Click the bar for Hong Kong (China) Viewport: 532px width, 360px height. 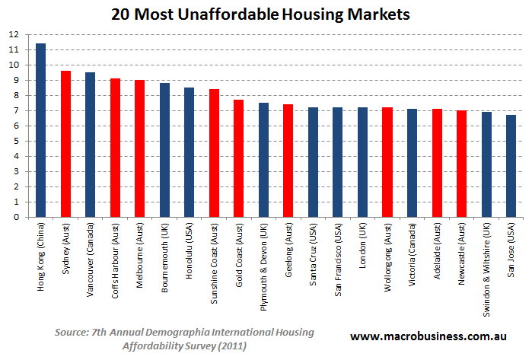pos(41,130)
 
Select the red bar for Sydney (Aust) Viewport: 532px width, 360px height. pos(65,144)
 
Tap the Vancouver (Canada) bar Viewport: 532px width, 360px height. pos(91,145)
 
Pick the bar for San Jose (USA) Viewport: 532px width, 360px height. pos(511,166)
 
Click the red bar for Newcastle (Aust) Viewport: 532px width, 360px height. pos(462,164)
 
